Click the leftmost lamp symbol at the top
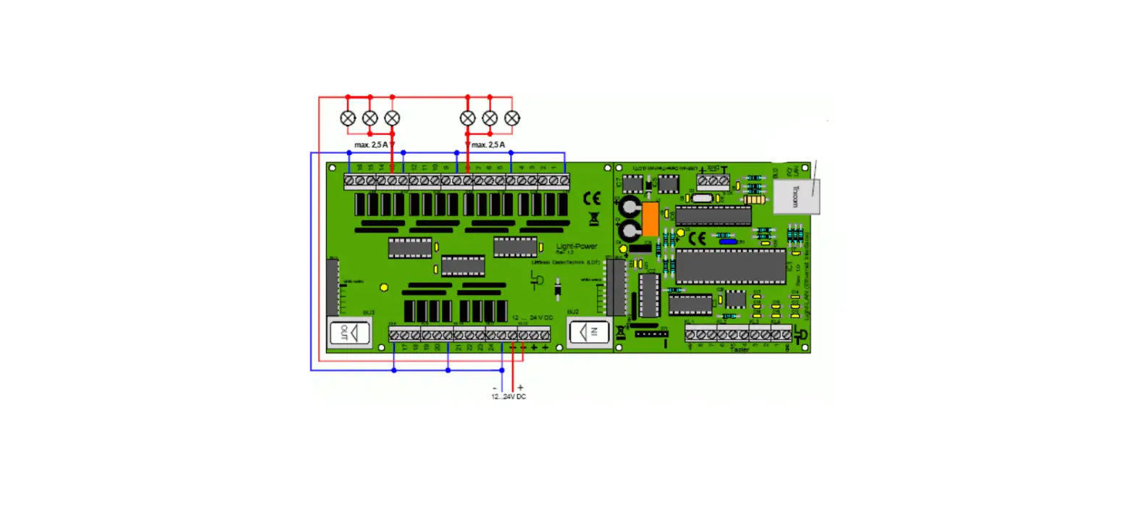[348, 117]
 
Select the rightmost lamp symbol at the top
[512, 117]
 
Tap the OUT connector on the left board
[349, 333]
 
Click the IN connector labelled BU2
[589, 333]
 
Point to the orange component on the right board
[650, 219]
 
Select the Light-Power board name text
[576, 246]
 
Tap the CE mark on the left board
[592, 197]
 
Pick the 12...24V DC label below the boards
[509, 396]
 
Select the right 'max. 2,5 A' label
[487, 145]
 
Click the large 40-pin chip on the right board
[730, 266]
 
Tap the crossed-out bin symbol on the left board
[594, 217]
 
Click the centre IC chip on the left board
[463, 266]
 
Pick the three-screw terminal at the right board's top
[713, 180]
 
